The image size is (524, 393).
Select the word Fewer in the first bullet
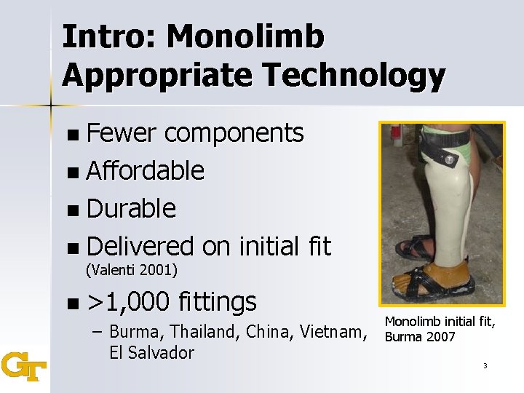[121, 133]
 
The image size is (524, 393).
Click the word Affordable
[145, 171]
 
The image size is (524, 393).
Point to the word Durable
[131, 209]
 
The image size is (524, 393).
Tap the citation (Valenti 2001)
[132, 271]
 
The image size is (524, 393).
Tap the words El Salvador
[151, 353]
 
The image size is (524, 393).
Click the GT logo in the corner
[24, 367]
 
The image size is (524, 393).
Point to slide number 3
[484, 365]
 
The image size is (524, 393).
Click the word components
[234, 133]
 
